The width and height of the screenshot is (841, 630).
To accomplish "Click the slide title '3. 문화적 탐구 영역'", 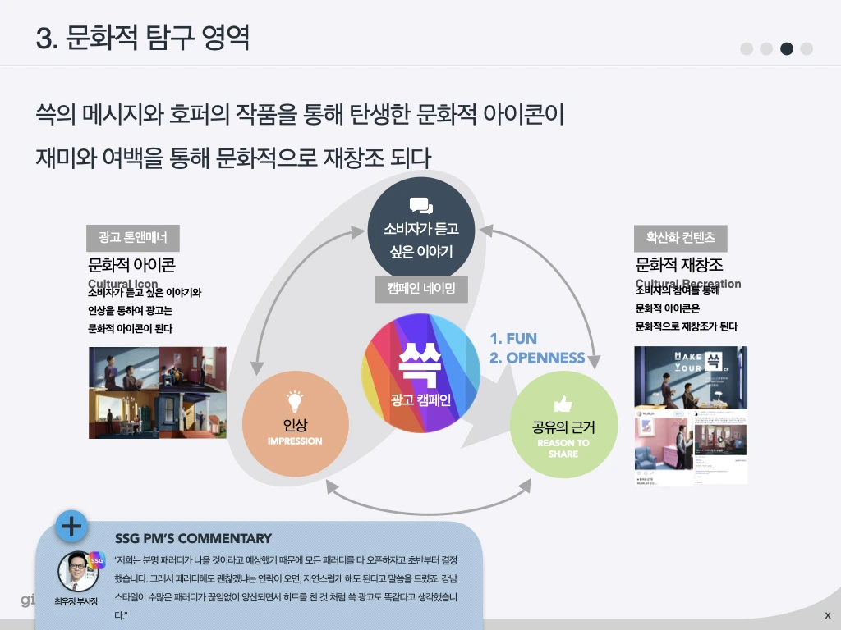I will pos(143,38).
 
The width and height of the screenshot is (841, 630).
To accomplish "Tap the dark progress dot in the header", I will pos(787,48).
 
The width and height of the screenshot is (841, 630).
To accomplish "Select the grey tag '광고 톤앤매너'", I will pos(133,238).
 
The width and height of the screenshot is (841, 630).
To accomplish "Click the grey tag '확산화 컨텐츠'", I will pos(680,238).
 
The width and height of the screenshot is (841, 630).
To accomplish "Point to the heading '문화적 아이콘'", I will pos(131,265).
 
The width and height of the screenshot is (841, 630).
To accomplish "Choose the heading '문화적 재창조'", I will pos(679,265).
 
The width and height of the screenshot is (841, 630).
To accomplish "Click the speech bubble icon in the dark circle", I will pos(420,205).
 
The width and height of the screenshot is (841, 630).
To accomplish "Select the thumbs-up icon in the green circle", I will pos(563,403).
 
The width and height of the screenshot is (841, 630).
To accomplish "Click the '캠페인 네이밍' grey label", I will pos(420,289).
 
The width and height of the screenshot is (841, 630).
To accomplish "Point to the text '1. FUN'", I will pos(513,339).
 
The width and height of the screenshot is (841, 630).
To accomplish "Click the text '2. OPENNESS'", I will pos(537,358).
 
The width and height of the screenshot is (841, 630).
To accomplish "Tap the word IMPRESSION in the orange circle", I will pos(295,441).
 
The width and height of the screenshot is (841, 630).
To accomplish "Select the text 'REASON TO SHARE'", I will pos(563,448).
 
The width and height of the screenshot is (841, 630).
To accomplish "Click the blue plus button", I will pos(72,526).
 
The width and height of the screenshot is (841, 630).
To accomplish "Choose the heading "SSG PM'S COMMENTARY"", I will pos(193,539).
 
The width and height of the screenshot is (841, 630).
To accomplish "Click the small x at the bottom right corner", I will pos(827,615).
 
